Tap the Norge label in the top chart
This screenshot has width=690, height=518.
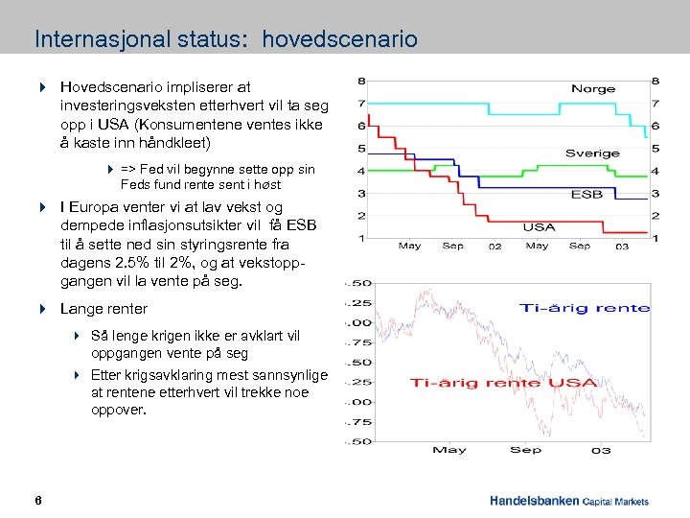tap(593, 88)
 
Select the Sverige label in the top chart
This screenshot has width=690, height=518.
tap(592, 153)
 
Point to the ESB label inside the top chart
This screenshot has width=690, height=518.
tap(586, 194)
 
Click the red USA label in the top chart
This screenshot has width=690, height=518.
tap(539, 227)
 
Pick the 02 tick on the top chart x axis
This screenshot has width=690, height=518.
tap(494, 247)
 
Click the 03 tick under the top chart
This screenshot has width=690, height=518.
tap(621, 247)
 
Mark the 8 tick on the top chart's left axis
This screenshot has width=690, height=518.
tap(360, 80)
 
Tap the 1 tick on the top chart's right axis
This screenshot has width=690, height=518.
tap(655, 237)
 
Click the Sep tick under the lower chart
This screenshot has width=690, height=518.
tap(525, 450)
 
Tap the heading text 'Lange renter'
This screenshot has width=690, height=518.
tap(103, 309)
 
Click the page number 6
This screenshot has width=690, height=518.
tap(36, 501)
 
